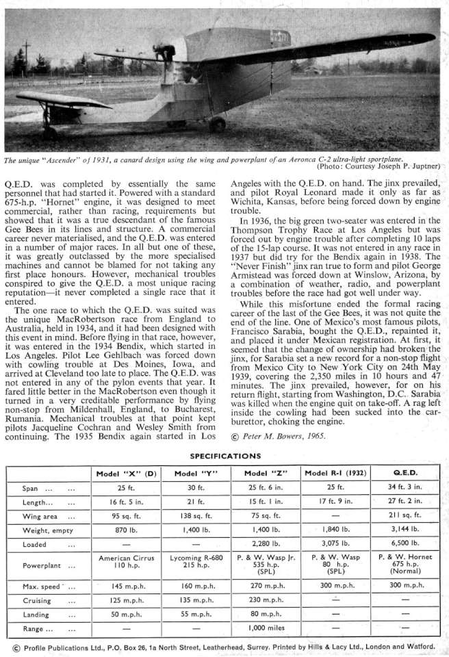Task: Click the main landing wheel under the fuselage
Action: (218, 124)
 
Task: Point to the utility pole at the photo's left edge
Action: (26, 58)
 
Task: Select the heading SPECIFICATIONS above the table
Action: (224, 455)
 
